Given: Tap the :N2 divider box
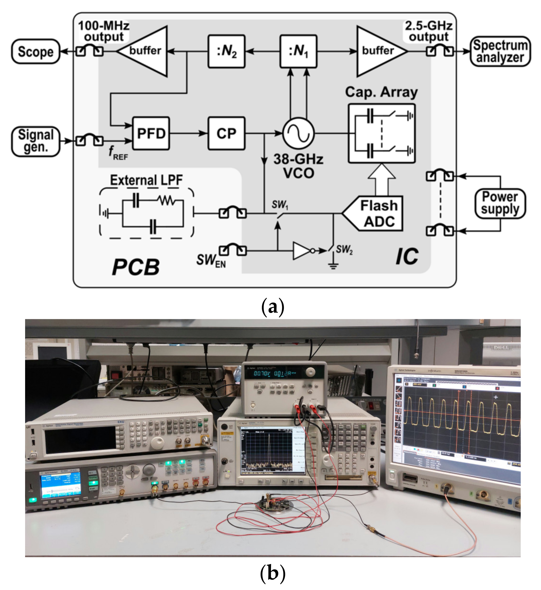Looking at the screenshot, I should [226, 51].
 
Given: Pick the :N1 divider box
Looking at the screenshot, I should [298, 51].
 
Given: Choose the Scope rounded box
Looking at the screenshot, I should [36, 51].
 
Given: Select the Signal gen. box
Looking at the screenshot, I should [36, 141].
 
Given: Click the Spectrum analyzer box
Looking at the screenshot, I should [500, 51].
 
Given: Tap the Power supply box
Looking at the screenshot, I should [500, 203].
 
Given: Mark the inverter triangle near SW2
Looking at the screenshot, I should [301, 251].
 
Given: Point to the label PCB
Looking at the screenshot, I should [136, 267].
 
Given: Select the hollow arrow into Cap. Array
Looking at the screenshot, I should [382, 179].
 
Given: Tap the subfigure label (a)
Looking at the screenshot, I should [272, 307].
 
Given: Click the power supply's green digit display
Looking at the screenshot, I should [272, 373].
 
